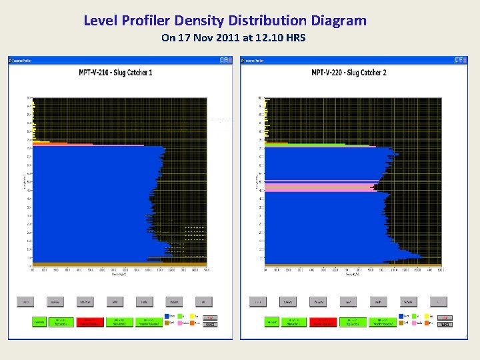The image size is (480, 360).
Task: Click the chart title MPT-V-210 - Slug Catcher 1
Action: [115, 72]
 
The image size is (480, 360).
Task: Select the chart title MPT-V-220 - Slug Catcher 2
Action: [349, 72]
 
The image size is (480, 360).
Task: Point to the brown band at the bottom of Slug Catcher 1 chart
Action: [100, 263]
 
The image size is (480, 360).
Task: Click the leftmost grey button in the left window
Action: [26, 301]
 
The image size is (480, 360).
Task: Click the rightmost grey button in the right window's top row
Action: [438, 301]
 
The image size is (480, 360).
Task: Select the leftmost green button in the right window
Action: [271, 322]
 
